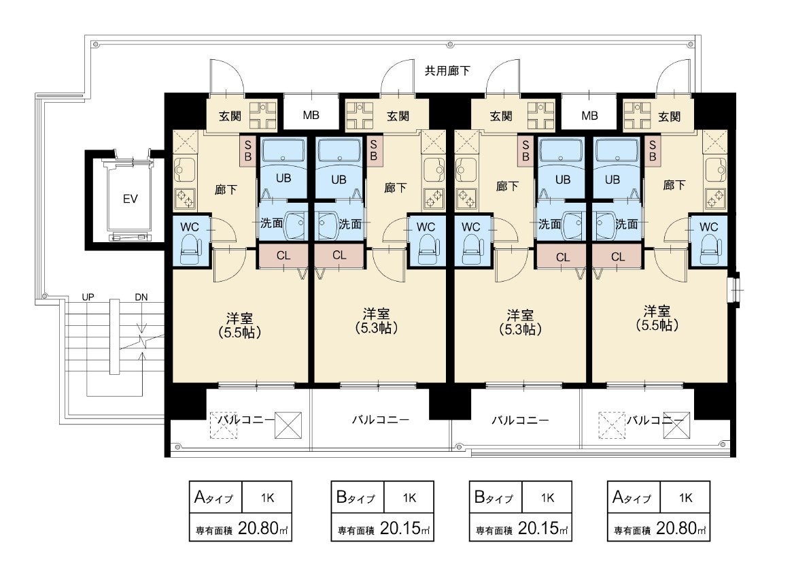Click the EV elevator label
click(x=130, y=199)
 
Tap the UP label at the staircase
click(x=88, y=297)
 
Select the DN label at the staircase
click(x=141, y=297)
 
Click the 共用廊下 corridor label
click(x=447, y=71)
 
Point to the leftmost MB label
click(x=311, y=115)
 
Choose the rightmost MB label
click(x=590, y=116)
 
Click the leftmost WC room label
click(x=190, y=227)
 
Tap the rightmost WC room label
click(x=708, y=227)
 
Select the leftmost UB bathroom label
click(x=283, y=178)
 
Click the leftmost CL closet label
click(x=283, y=256)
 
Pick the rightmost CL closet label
click(x=618, y=256)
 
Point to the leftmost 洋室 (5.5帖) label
click(x=240, y=325)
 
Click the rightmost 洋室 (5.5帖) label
click(x=657, y=318)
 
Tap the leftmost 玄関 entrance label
click(x=230, y=116)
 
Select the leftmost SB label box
click(x=248, y=150)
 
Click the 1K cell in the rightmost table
click(x=686, y=498)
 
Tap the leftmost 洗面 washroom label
click(x=271, y=222)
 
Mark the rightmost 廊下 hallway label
click(x=674, y=185)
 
